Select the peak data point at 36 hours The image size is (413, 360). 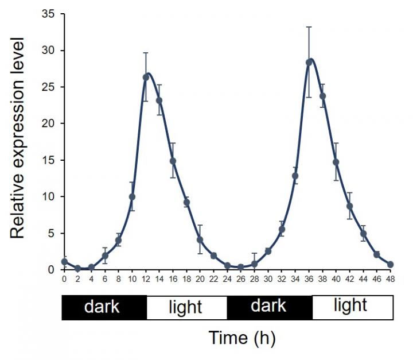309,62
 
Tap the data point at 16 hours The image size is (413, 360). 173,161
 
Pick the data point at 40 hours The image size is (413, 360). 336,162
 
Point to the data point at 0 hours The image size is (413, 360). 64,261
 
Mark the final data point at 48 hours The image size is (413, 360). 391,265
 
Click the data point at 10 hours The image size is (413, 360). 132,197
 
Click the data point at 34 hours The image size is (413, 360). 295,176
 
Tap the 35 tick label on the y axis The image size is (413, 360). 48,14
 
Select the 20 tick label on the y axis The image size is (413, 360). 48,123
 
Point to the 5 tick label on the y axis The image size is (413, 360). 51,233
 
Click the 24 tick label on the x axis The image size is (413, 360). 227,279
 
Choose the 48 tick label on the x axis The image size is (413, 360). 391,279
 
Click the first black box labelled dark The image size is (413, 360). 104,307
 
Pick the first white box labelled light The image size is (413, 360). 186,307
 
